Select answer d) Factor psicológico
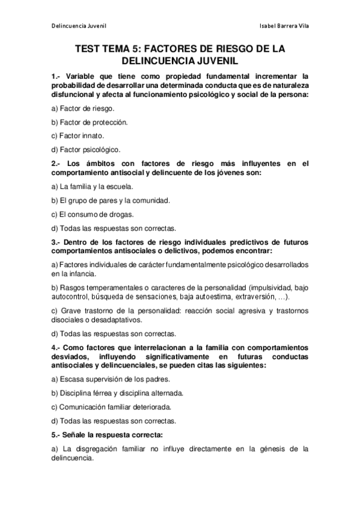(x=86, y=149)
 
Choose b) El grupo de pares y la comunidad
(x=111, y=200)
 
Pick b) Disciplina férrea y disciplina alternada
(x=118, y=393)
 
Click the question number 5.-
(x=56, y=435)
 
